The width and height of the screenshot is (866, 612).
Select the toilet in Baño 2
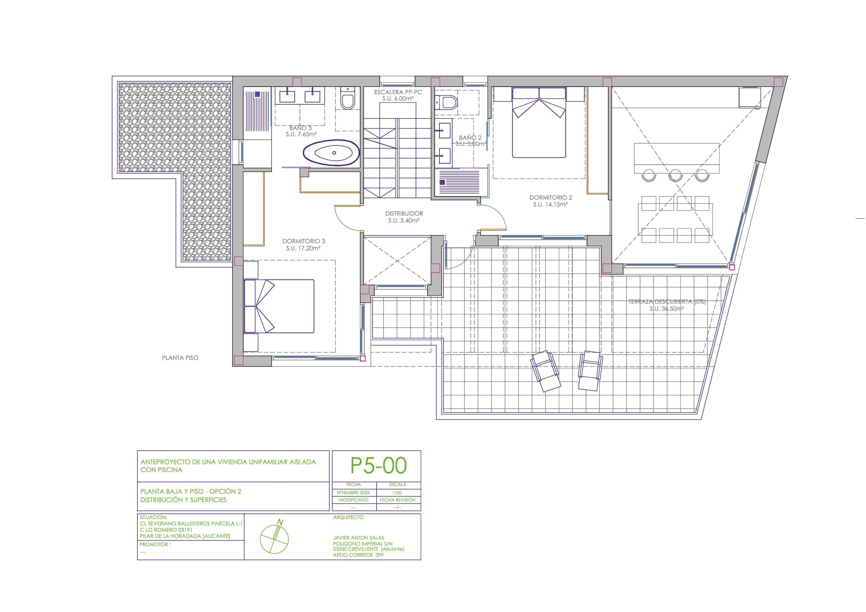446,102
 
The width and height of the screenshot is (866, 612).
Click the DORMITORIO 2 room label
551,198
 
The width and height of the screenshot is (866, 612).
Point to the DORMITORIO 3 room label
304,241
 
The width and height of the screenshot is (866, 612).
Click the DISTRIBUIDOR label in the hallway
404,213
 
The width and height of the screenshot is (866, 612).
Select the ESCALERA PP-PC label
398,92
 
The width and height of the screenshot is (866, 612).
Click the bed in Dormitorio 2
539,122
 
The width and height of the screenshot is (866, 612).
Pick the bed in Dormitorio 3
279,306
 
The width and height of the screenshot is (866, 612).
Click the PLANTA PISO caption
180,358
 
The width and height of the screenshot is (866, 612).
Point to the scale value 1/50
398,493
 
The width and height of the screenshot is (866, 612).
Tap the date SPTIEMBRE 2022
353,493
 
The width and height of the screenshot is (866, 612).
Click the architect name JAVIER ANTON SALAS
358,538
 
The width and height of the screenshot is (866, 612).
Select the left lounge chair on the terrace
545,371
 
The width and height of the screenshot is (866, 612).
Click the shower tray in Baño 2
459,182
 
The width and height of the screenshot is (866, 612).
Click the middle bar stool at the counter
675,176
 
